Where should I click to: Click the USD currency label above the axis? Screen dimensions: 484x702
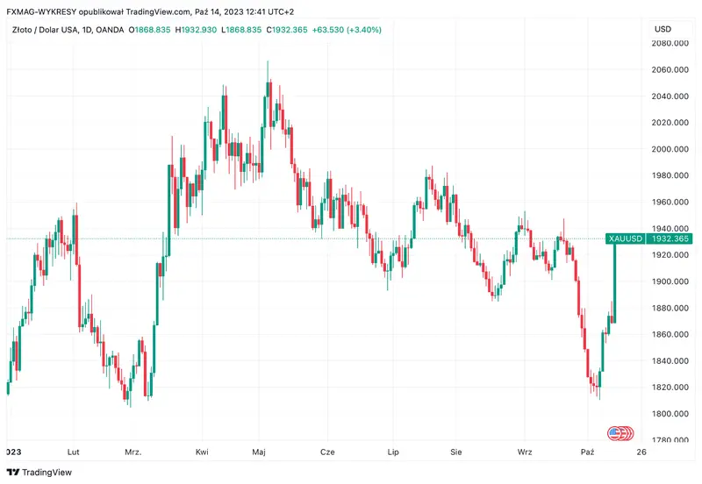pos(663,29)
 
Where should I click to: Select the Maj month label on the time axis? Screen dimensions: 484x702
pos(259,452)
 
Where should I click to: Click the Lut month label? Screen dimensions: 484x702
pos(74,452)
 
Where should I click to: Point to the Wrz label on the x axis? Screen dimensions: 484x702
pos(525,452)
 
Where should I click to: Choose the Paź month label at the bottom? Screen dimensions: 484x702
pos(588,452)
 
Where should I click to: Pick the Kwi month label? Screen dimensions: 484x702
pos(202,452)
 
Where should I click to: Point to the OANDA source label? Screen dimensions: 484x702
pos(110,29)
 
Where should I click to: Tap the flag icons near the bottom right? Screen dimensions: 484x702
pos(620,433)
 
